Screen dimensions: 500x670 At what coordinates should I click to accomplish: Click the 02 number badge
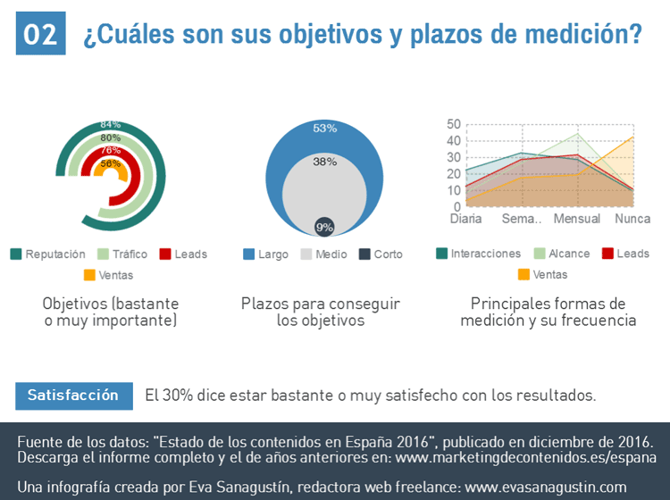point(40,35)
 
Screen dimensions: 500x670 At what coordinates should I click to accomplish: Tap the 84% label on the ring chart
point(111,125)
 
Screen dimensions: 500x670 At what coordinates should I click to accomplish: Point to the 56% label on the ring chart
point(111,163)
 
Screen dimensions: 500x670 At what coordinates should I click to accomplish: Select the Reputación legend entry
point(48,254)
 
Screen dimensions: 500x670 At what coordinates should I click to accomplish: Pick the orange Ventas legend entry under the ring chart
point(108,275)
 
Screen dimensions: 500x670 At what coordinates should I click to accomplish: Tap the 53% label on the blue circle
point(325,129)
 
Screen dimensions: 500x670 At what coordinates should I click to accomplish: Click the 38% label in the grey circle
point(325,162)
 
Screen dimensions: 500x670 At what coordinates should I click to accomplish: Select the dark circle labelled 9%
point(324,227)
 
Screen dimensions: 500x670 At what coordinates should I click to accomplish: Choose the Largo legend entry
point(265,254)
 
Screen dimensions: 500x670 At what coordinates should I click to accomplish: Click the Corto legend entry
point(381,254)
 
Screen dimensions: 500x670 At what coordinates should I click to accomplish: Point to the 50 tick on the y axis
point(454,125)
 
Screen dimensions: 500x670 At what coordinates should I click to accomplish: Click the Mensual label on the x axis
point(576,220)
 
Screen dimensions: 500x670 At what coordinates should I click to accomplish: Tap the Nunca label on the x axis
point(632,220)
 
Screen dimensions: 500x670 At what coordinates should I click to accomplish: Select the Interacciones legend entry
point(478,254)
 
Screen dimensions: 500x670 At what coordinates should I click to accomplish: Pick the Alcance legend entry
point(561,254)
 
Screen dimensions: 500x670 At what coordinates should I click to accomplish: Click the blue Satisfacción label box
point(73,396)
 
